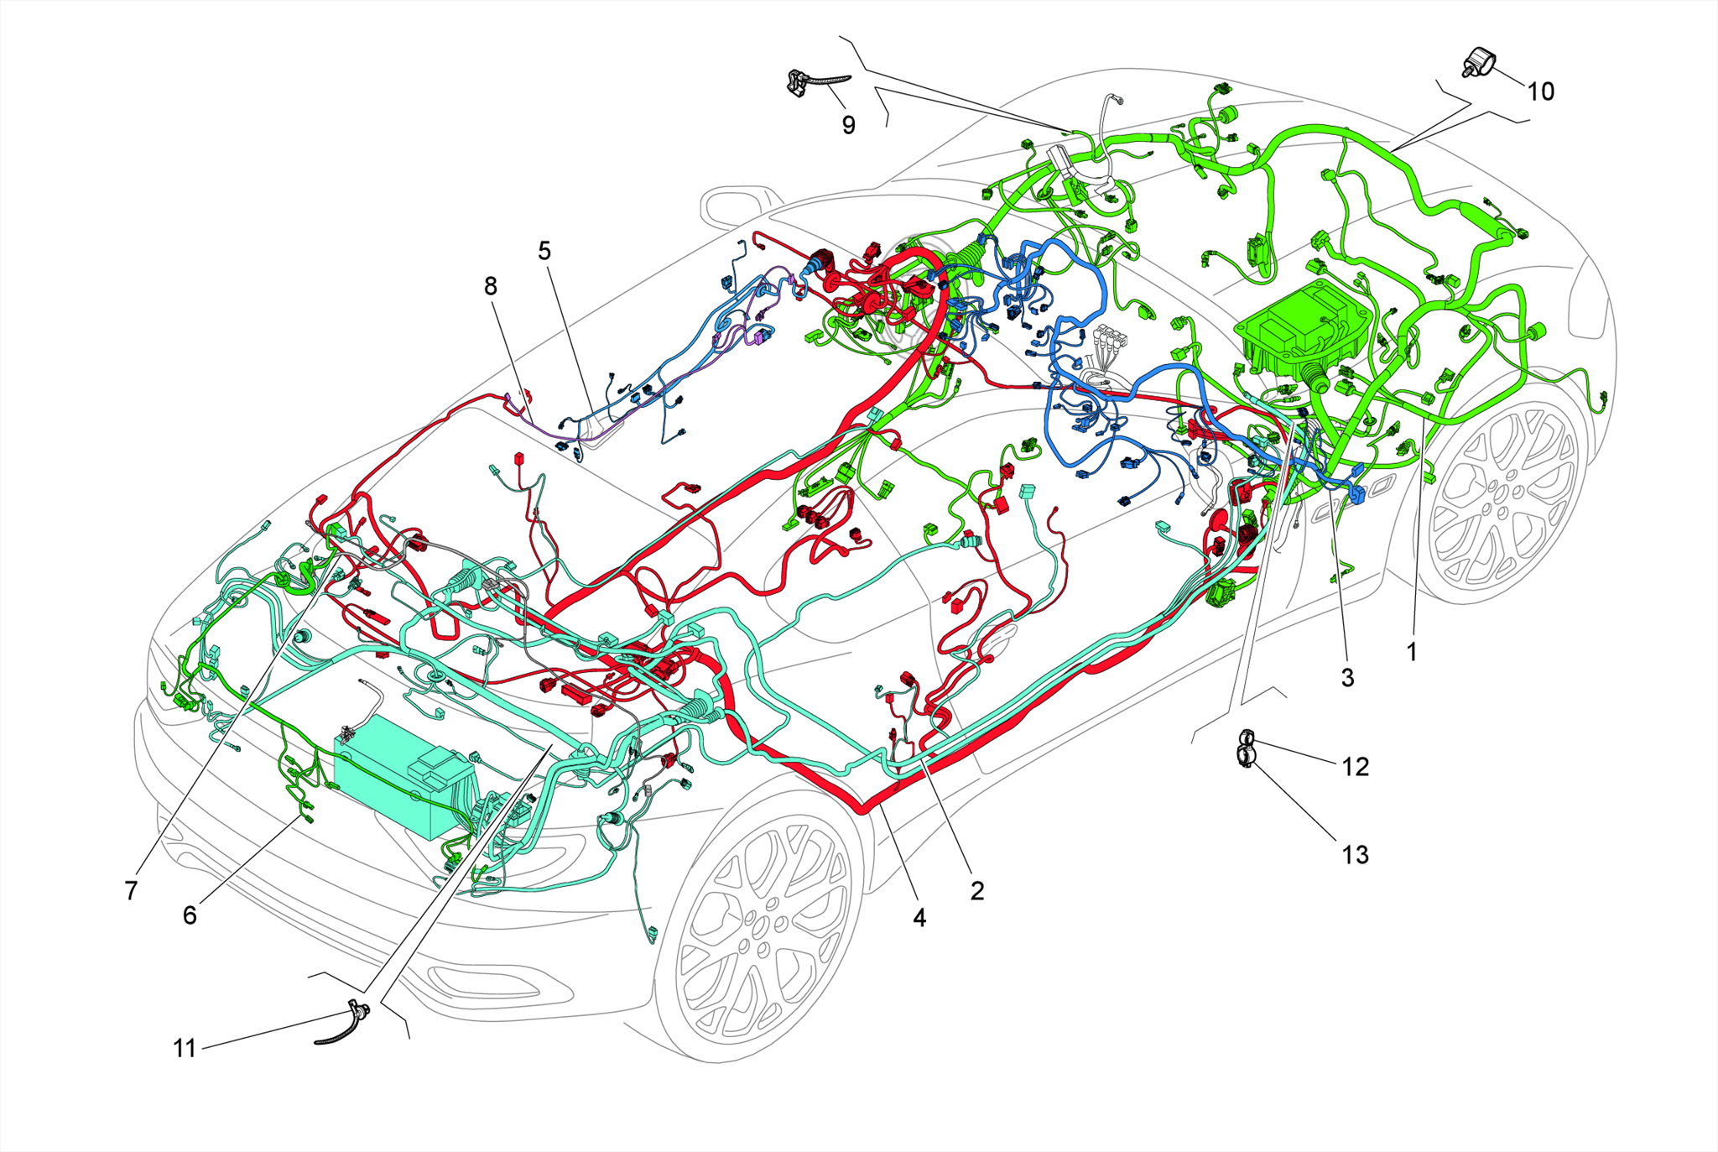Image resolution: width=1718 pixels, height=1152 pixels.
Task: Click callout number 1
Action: point(1411,651)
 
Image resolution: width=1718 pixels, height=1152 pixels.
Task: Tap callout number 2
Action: point(976,891)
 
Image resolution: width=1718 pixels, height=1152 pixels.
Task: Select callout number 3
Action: point(1347,678)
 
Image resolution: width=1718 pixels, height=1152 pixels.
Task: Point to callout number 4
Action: point(919,918)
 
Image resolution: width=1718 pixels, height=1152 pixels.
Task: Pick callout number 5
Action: point(544,251)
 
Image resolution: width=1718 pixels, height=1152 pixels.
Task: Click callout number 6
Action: point(190,915)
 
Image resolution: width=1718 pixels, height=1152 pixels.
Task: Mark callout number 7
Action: point(131,891)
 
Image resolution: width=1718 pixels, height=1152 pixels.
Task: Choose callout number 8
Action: point(491,287)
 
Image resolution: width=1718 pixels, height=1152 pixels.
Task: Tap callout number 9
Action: point(849,125)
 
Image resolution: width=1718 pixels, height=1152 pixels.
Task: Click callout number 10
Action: point(1540,91)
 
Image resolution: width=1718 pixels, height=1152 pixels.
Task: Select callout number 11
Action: point(185,1049)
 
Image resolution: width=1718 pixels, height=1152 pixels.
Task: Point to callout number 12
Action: point(1356,767)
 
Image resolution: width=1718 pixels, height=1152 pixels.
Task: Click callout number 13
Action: point(1356,855)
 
